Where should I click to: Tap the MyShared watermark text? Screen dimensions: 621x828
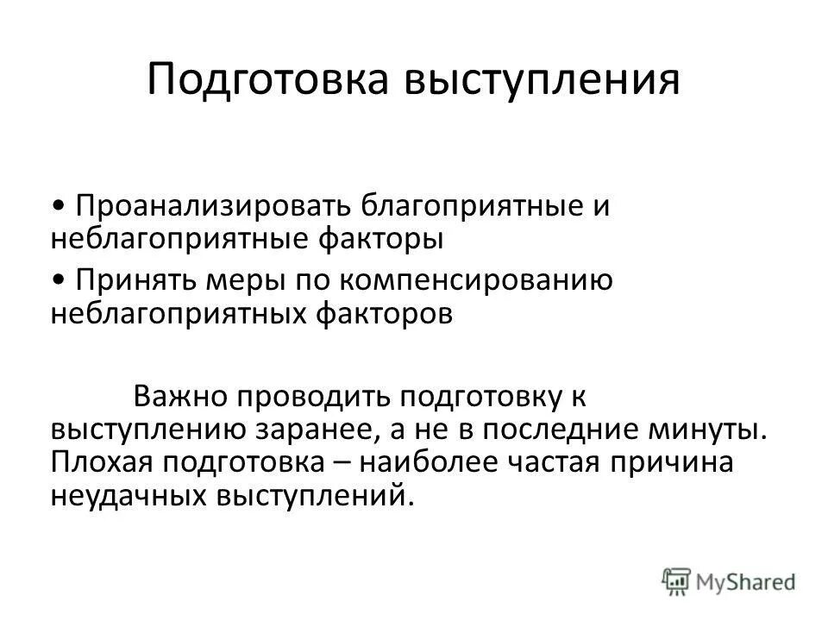point(747,581)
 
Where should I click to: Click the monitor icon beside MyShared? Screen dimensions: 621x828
point(678,580)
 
